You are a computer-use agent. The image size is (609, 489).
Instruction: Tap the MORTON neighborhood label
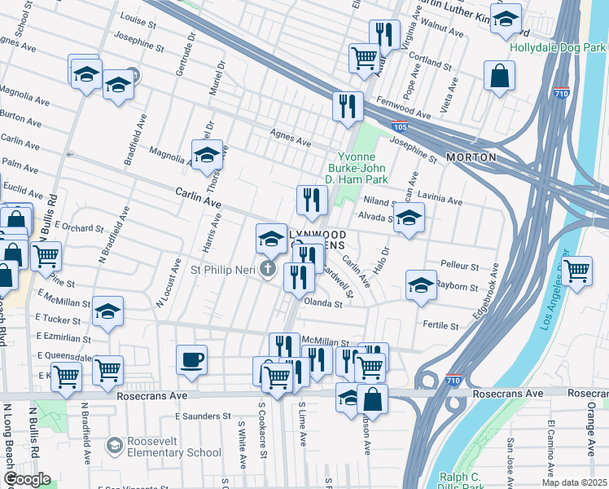click(471, 156)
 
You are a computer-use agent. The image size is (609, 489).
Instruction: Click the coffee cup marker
click(191, 360)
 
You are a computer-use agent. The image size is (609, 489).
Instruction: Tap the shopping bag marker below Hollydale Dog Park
click(499, 77)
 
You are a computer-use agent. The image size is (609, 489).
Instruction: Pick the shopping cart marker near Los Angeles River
click(576, 271)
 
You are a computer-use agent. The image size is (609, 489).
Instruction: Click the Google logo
click(28, 479)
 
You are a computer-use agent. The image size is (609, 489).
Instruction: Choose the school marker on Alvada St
click(409, 218)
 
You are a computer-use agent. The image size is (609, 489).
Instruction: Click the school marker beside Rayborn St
click(421, 285)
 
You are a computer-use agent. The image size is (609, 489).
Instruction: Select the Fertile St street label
click(440, 325)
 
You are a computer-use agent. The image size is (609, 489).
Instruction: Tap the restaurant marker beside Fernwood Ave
click(348, 106)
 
